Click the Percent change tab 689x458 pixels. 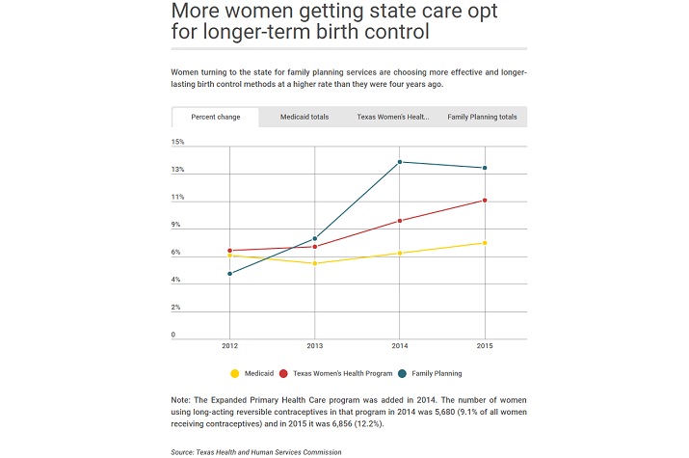215,117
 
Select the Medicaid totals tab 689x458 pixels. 304,117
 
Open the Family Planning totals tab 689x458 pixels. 482,117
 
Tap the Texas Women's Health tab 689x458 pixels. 392,117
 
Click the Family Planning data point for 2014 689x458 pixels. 400,162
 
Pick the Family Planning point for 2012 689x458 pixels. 229,274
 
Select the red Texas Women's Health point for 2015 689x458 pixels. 485,201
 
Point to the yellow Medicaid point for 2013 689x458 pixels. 315,263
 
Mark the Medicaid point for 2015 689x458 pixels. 485,243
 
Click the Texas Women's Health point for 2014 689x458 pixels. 400,221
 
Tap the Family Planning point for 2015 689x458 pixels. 485,168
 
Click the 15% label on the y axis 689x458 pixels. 177,142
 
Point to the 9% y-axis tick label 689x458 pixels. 176,225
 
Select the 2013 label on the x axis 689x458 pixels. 315,344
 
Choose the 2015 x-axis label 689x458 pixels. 485,344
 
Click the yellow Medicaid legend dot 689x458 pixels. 234,373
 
